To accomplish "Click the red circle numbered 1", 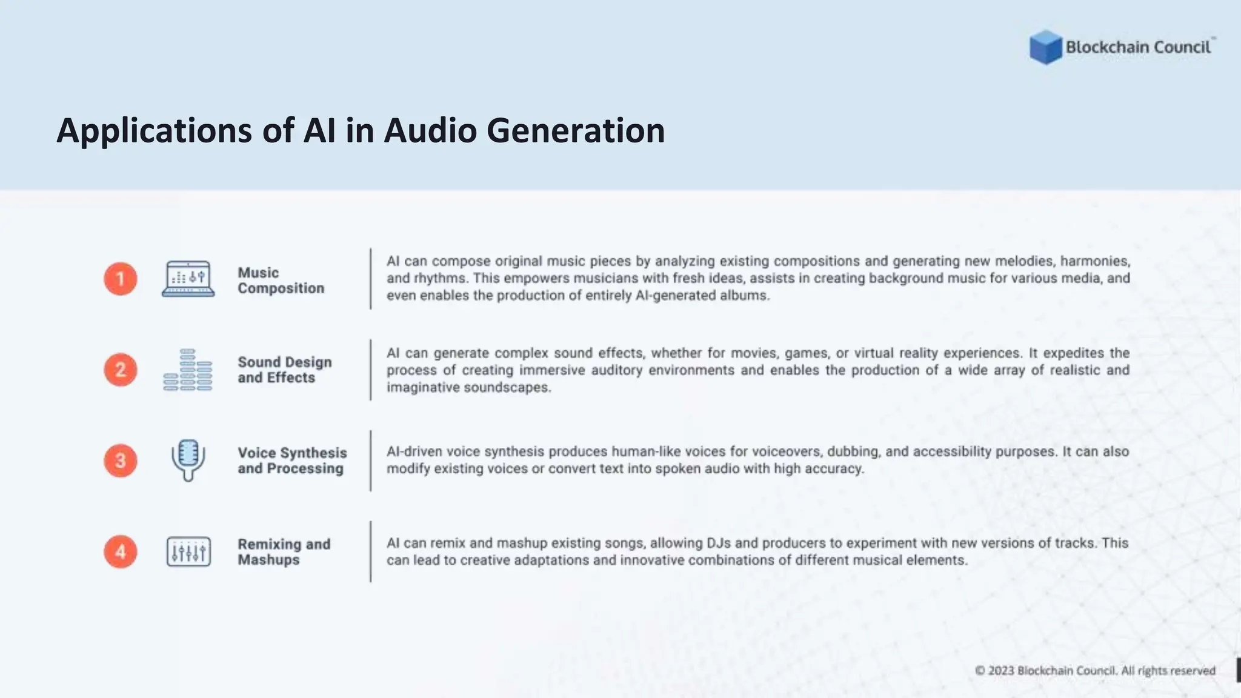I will click(x=120, y=279).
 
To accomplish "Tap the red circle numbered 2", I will click(x=120, y=370).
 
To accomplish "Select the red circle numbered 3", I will click(x=120, y=460).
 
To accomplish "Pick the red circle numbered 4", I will click(x=120, y=551).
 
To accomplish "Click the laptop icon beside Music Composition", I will click(x=188, y=279).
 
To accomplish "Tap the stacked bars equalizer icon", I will click(x=188, y=370).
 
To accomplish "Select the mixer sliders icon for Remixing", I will click(x=188, y=552).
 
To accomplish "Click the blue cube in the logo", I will click(x=1045, y=47).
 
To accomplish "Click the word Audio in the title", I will click(x=430, y=130).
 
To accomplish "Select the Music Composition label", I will click(x=280, y=281).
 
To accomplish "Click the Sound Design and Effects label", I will click(x=284, y=370).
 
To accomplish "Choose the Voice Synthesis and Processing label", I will click(x=291, y=460).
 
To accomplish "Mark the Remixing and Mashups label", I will click(x=284, y=552).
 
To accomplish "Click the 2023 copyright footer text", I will click(x=1094, y=671).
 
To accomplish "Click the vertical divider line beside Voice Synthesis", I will click(x=371, y=460).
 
